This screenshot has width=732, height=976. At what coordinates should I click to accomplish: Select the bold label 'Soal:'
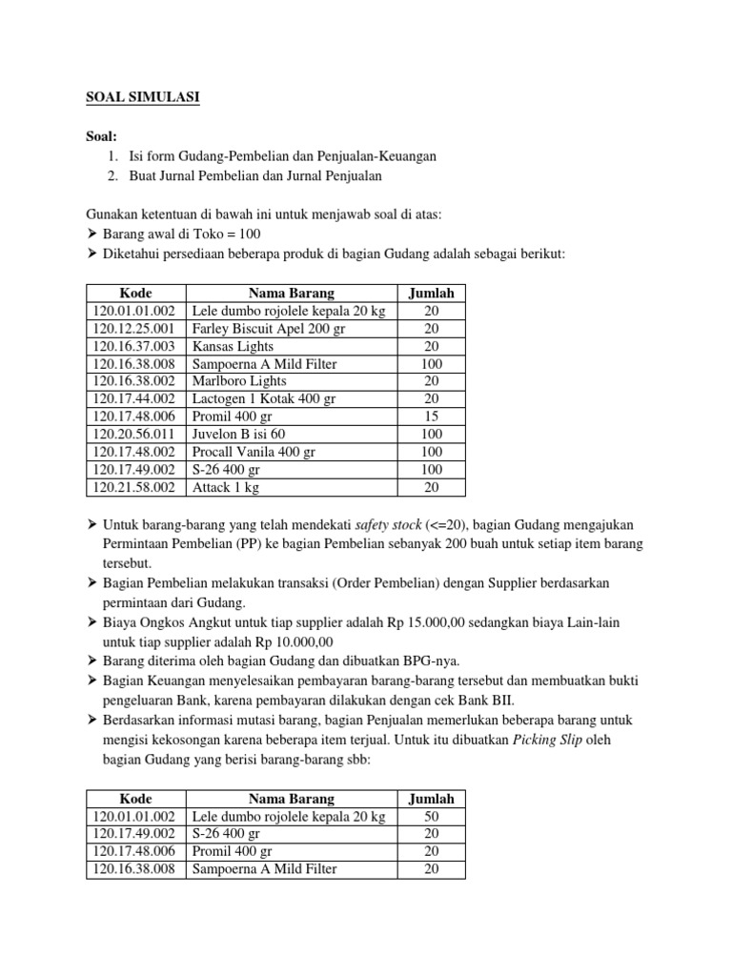click(102, 137)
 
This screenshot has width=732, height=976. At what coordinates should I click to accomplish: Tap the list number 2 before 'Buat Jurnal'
click(112, 175)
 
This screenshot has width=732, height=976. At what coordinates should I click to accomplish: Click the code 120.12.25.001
click(134, 329)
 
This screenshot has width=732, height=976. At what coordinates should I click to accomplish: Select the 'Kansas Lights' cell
click(233, 346)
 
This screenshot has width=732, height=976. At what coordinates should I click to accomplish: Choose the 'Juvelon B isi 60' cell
click(238, 435)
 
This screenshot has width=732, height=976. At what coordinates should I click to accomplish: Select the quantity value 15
click(431, 417)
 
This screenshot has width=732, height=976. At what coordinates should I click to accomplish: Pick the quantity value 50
click(431, 817)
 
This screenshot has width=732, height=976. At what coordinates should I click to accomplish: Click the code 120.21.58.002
click(134, 487)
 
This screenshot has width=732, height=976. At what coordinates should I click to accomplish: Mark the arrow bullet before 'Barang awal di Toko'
click(91, 234)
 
